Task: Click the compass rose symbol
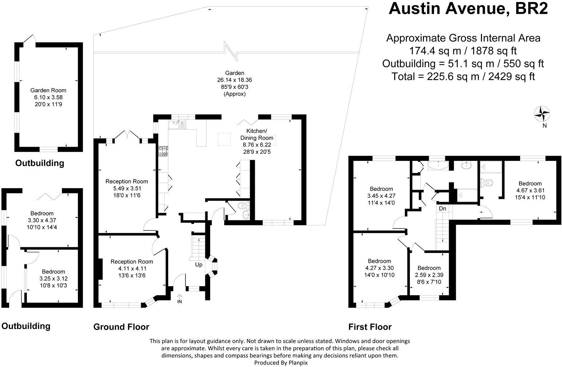pyautogui.click(x=542, y=114)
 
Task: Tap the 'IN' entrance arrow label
pyautogui.click(x=179, y=301)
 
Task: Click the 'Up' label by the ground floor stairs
pyautogui.click(x=198, y=265)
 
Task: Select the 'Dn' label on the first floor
pyautogui.click(x=443, y=209)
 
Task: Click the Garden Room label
pyautogui.click(x=48, y=90)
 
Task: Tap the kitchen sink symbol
pyautogui.click(x=177, y=125)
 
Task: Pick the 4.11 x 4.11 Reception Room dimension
pyautogui.click(x=132, y=268)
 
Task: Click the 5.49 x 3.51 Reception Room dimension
pyautogui.click(x=127, y=188)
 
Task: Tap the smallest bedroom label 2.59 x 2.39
pyautogui.click(x=429, y=275)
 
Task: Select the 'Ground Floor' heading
pyautogui.click(x=121, y=327)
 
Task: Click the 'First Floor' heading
pyautogui.click(x=370, y=327)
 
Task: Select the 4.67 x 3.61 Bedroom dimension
pyautogui.click(x=530, y=190)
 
